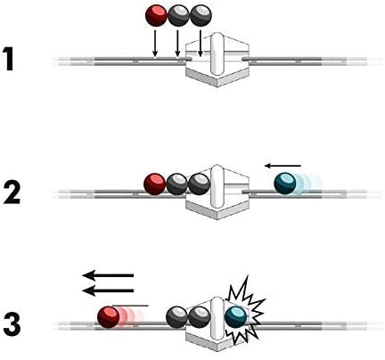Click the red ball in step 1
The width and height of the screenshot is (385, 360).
point(157,14)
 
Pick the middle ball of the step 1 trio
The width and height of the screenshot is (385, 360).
point(179,14)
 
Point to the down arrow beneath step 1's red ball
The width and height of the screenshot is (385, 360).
point(156,43)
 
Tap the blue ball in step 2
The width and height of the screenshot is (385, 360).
point(286,184)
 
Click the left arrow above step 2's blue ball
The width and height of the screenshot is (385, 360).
point(284,165)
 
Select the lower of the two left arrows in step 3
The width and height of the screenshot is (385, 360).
point(108,290)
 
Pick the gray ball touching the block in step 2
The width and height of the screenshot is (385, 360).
point(198,184)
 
